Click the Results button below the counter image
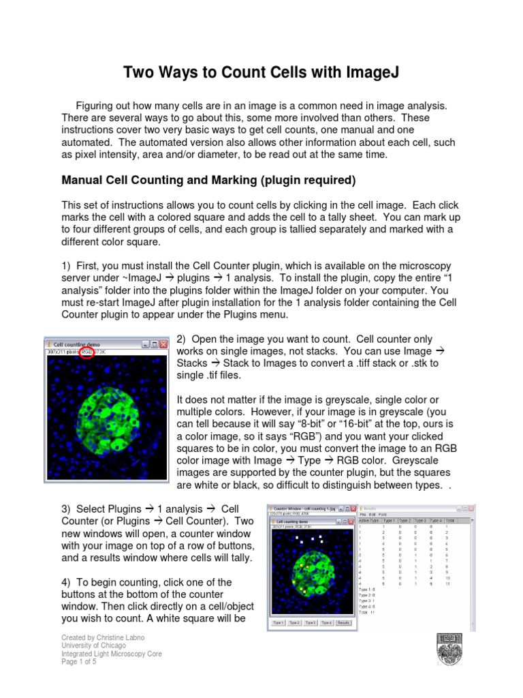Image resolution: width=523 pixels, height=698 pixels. coord(344,622)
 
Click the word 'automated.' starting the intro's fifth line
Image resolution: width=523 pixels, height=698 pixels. coord(86,142)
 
